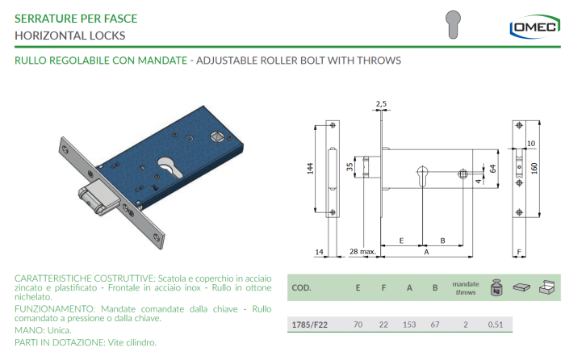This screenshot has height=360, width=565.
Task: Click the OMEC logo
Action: coord(534,27)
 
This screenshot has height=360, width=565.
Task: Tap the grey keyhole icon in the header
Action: coord(453,24)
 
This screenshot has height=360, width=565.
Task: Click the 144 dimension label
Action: coord(310,169)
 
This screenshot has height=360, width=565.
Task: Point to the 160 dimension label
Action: coord(534,168)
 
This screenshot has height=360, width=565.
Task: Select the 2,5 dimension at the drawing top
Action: coord(381,104)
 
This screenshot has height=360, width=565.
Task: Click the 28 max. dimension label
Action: coord(362,252)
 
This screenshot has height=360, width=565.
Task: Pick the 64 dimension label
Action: coord(492,168)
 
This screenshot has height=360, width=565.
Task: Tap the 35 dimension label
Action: coord(349,167)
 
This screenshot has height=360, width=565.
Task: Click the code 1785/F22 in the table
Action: coord(309,324)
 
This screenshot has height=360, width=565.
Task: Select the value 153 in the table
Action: coord(409,324)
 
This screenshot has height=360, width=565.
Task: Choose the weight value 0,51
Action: coord(496,324)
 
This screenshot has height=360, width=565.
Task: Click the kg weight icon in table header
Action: coord(496,287)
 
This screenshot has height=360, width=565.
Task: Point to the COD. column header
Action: coord(301,288)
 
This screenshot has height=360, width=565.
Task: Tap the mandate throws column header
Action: coord(466,288)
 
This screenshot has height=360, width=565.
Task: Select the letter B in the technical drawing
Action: coord(442,241)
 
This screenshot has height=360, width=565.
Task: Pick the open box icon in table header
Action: coord(546,287)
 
